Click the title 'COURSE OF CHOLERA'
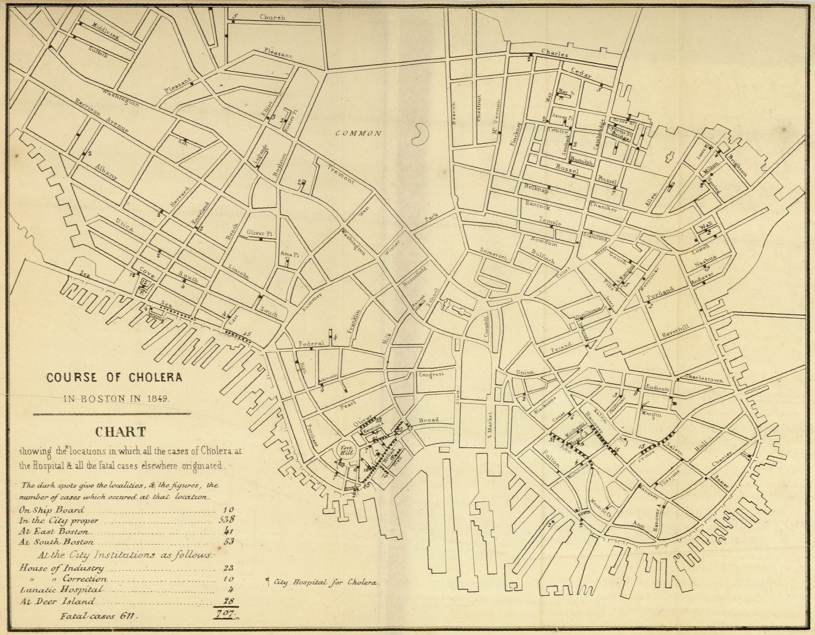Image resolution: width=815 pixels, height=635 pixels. click(114, 377)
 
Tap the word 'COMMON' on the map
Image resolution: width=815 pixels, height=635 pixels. click(358, 133)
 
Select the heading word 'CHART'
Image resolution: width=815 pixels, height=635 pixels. click(120, 432)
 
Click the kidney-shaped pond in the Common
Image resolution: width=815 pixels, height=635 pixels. click(420, 134)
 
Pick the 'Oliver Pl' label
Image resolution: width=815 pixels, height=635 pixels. click(260, 233)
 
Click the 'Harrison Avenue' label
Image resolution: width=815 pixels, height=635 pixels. click(101, 116)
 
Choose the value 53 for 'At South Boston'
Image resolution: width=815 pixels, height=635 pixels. click(228, 542)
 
